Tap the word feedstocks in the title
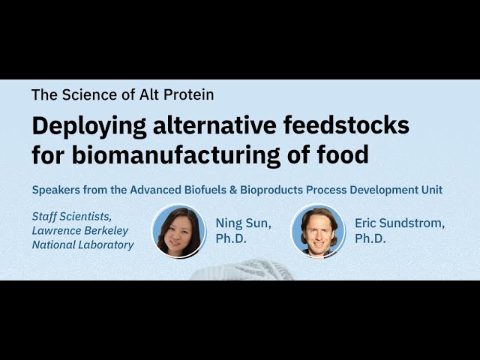click(350, 125)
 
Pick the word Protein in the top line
click(187, 95)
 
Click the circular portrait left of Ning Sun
click(179, 231)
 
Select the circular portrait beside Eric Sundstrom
click(319, 231)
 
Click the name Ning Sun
click(242, 223)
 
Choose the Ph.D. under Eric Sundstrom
click(370, 239)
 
